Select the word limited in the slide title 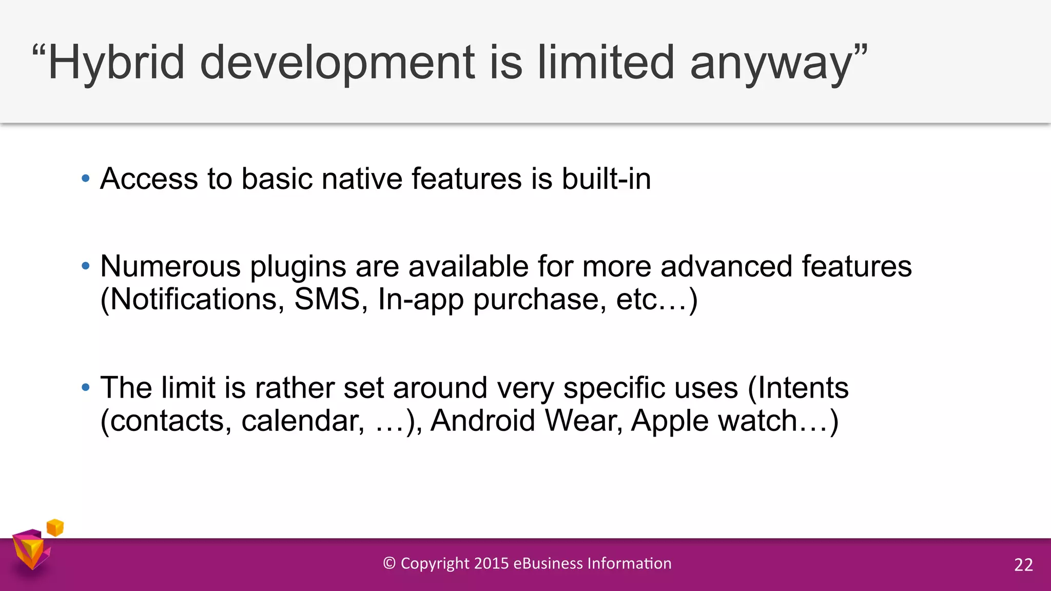pyautogui.click(x=606, y=63)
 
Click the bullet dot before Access pyautogui.click(x=86, y=179)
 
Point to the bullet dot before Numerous pyautogui.click(x=86, y=266)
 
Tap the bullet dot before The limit pyautogui.click(x=86, y=388)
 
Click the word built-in pyautogui.click(x=606, y=179)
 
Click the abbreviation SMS pyautogui.click(x=327, y=299)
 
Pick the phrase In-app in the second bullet pyautogui.click(x=420, y=300)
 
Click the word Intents pyautogui.click(x=803, y=388)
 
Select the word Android pyautogui.click(x=483, y=421)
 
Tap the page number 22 pyautogui.click(x=1023, y=565)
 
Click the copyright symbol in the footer pyautogui.click(x=389, y=563)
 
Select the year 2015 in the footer pyautogui.click(x=491, y=563)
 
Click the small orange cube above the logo pyautogui.click(x=55, y=527)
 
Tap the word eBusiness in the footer pyautogui.click(x=548, y=563)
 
